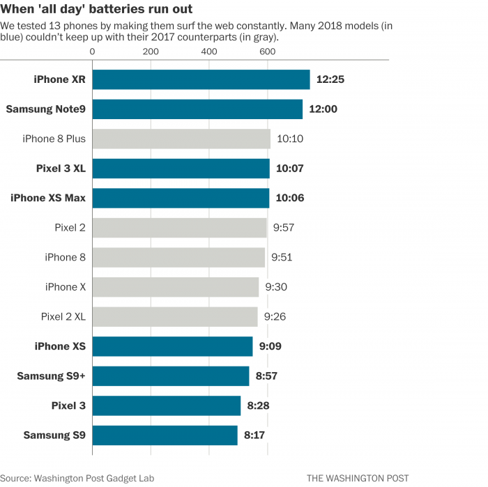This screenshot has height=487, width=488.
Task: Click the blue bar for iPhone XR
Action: click(201, 79)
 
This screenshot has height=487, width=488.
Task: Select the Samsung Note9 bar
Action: click(197, 109)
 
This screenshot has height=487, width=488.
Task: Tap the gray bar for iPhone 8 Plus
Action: click(181, 139)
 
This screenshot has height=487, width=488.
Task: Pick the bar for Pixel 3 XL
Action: click(181, 169)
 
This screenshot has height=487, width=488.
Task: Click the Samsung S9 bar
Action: click(165, 435)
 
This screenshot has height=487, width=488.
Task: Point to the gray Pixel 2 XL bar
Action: click(174, 317)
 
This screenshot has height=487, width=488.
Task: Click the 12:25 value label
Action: click(330, 79)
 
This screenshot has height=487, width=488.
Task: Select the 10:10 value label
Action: click(289, 139)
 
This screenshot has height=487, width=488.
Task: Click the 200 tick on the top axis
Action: click(150, 52)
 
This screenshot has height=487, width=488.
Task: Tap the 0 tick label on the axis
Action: click(93, 52)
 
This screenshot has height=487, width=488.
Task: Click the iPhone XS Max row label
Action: click(48, 198)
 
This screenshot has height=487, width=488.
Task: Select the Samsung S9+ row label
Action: click(52, 376)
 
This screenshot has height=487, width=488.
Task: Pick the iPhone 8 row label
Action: click(66, 257)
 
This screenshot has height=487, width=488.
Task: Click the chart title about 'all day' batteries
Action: click(96, 9)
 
